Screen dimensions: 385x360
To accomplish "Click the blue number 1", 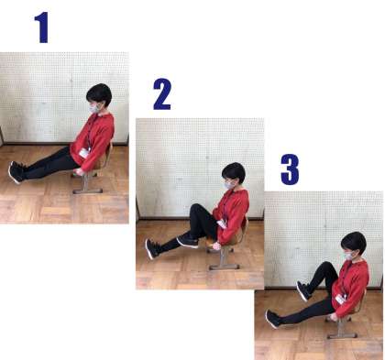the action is pos(42,27).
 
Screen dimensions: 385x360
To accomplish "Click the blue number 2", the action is pos(162,94).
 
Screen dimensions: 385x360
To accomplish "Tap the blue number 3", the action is pos(290,169).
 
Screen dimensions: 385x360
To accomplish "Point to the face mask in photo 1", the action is pos(95,108).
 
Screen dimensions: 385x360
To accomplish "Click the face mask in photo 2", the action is pos(229,185).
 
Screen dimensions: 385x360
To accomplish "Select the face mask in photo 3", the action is pos(349,256).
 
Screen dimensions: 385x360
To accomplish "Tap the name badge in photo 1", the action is pos(84,153).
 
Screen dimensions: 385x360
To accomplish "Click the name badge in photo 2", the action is pos(222,224).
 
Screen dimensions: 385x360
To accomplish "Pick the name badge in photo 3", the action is pos(341,300).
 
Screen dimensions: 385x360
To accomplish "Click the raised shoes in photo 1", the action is pos(16,172).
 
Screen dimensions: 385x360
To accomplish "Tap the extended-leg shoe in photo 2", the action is pos(152,248).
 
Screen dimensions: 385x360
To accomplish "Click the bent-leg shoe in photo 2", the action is pos(188,241).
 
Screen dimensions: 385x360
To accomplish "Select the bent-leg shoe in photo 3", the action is pos(304,290).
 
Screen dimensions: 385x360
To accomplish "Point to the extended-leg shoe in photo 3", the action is pos(272,319).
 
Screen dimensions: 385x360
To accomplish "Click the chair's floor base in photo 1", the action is pos(88,191).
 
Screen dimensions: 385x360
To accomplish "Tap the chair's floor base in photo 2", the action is pos(224,267).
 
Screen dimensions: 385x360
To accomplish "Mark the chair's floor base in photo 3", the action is pos(342,336).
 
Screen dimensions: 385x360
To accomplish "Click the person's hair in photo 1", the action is pos(99,93).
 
